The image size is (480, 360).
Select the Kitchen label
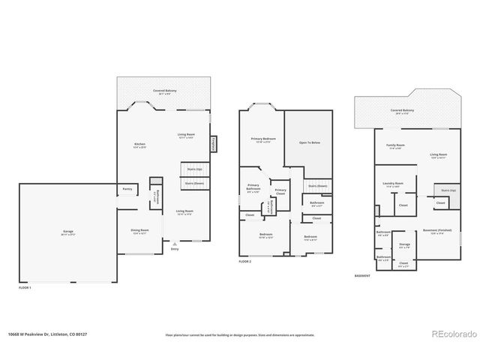[x=140, y=145]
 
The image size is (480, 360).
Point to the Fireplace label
[x=214, y=144]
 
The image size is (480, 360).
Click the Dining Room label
[x=140, y=231]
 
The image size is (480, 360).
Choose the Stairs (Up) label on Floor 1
[x=194, y=169]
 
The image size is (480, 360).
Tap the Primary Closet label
[x=280, y=192]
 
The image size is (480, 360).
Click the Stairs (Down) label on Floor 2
[x=317, y=186]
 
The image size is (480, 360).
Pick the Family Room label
[x=395, y=145]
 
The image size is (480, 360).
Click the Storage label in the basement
[x=404, y=245]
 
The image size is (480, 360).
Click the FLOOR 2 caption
[x=245, y=262]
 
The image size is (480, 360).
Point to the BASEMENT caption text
[x=363, y=276]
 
